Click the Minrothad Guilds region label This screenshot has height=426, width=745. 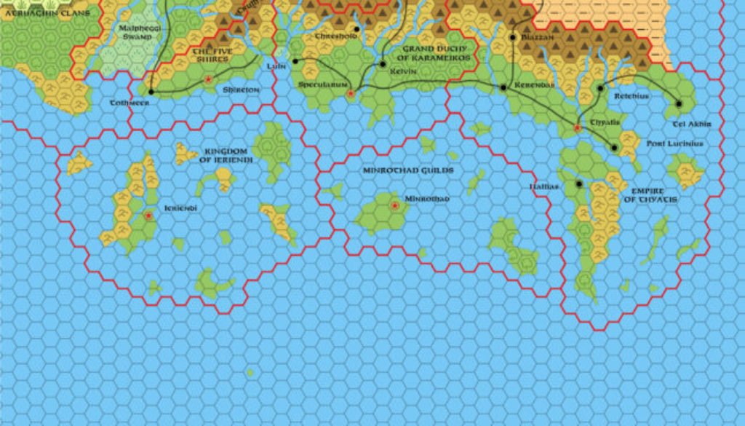coord(407,170)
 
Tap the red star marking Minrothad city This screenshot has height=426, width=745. coord(395,206)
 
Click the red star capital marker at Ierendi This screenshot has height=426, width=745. coord(149,216)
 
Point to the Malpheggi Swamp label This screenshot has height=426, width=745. coord(135,32)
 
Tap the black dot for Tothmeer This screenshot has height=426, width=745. coord(151,92)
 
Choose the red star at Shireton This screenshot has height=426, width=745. coord(209,79)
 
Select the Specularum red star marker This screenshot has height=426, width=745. coord(351,94)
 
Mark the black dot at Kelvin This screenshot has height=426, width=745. coord(383,64)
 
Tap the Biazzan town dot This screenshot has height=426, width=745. coord(513,36)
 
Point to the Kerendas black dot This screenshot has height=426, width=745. coord(503,87)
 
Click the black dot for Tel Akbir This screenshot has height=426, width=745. coord(678,103)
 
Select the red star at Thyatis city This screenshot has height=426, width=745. coord(578,128)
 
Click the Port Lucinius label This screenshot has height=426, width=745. coord(674,143)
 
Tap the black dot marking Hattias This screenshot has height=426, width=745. coord(579,184)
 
